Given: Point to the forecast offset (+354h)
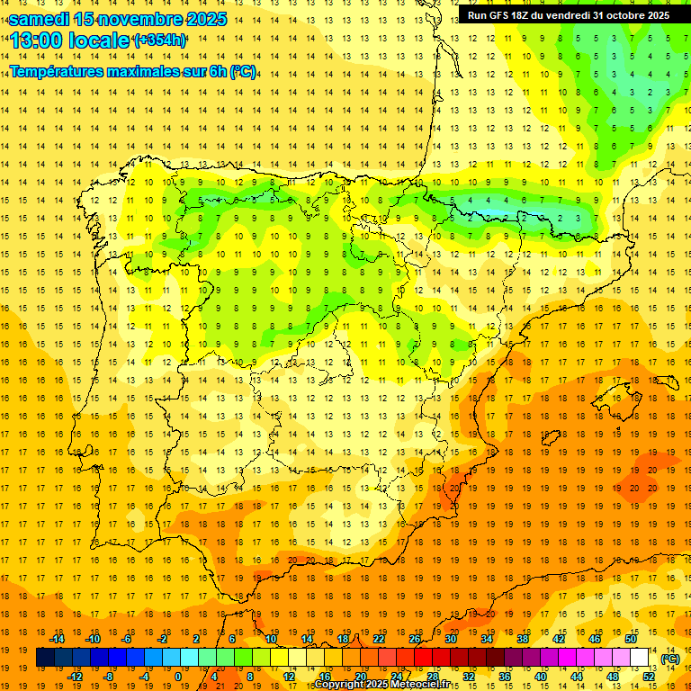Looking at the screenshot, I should point(160,40).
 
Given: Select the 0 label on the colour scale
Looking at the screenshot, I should point(178,677).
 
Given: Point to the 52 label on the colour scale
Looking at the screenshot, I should point(649,677).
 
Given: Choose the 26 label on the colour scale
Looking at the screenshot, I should point(415,639).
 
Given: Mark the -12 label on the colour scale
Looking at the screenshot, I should point(75,677).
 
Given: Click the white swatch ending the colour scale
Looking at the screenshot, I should point(640,658).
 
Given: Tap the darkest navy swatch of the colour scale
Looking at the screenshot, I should point(45,658).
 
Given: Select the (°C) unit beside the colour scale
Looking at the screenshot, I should point(669,659).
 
